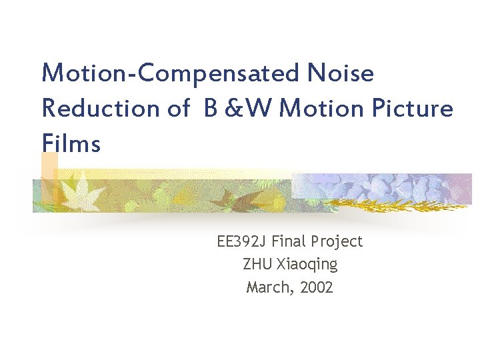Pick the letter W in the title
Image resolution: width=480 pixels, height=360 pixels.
pos(261,108)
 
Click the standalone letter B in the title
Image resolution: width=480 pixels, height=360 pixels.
pos(211,108)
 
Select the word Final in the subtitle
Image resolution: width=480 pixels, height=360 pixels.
pos(288,241)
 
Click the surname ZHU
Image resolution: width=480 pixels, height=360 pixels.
pos(257,264)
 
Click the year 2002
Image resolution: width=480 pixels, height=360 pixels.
pos(317,287)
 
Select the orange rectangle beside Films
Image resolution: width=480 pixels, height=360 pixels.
pos(49,166)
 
